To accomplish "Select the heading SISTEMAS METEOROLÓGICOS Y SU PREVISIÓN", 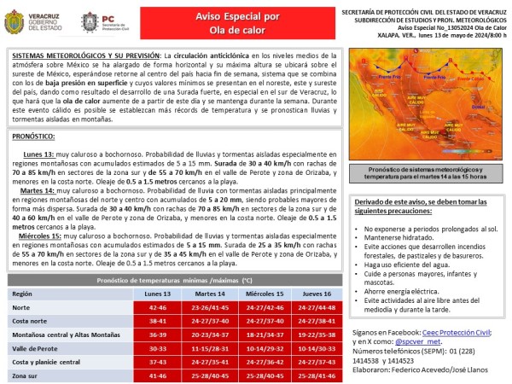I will coord(84,54).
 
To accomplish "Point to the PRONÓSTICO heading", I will coord(41,136).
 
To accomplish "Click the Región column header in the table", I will coord(22,293).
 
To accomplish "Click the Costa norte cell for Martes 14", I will coord(210,320).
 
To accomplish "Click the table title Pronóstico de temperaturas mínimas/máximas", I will coord(174,280).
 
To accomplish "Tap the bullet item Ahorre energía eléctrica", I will coord(399,290).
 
